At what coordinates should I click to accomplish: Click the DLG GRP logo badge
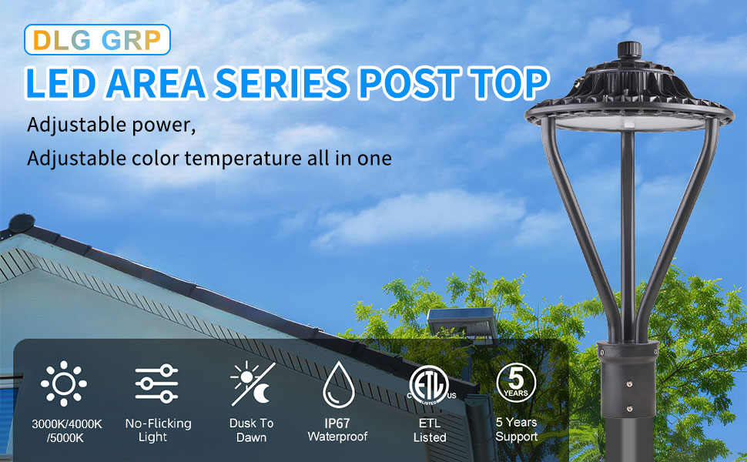point(97,39)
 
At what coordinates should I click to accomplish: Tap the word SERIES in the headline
point(282,83)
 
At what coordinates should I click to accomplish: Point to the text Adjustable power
point(111,125)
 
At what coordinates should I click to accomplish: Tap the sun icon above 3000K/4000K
point(63,383)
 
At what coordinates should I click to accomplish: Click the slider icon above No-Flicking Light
point(156,383)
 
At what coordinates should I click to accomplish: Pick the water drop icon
point(338,384)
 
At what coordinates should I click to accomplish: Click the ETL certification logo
point(430,385)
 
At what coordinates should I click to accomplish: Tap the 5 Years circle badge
point(516,383)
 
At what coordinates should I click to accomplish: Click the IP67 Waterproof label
point(337,430)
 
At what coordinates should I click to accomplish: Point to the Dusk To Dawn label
point(252,430)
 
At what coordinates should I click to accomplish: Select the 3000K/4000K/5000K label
point(66,430)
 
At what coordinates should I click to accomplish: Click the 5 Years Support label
point(517,429)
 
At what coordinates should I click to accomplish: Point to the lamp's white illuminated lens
point(630,123)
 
